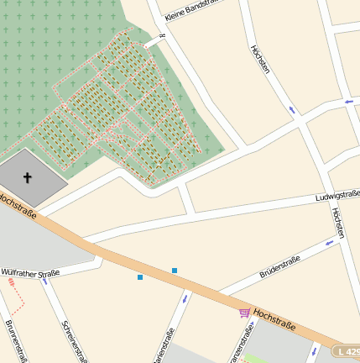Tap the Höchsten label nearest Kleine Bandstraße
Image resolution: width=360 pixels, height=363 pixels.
[x=260, y=59]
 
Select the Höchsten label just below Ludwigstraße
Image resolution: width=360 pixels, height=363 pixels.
[x=338, y=224]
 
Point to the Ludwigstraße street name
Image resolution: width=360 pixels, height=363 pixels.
[x=337, y=196]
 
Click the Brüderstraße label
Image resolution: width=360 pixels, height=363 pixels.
[x=280, y=266]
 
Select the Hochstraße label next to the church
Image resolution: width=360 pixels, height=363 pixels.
[x=18, y=206]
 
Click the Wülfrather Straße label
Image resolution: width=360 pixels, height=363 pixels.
[x=30, y=273]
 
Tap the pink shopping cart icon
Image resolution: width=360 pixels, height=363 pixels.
[x=244, y=313]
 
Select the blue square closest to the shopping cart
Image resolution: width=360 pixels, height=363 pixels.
[x=175, y=270]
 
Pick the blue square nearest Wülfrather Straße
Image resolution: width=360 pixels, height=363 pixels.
[x=140, y=277]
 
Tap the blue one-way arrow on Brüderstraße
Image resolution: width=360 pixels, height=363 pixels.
[x=330, y=243]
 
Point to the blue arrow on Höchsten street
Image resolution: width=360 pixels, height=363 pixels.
[x=291, y=110]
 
